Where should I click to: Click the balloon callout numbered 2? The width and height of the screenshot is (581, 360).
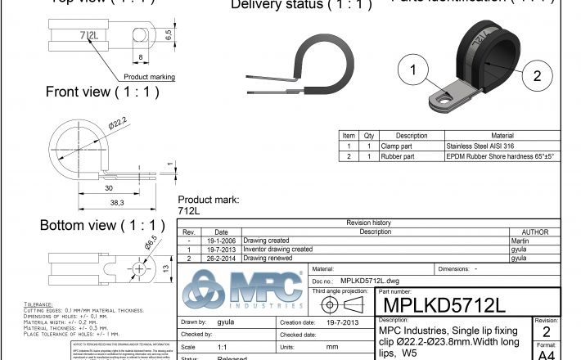click(x=537, y=76)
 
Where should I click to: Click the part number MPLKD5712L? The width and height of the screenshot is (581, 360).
click(x=442, y=304)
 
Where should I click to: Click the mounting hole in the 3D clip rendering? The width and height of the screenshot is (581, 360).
click(x=443, y=101)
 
